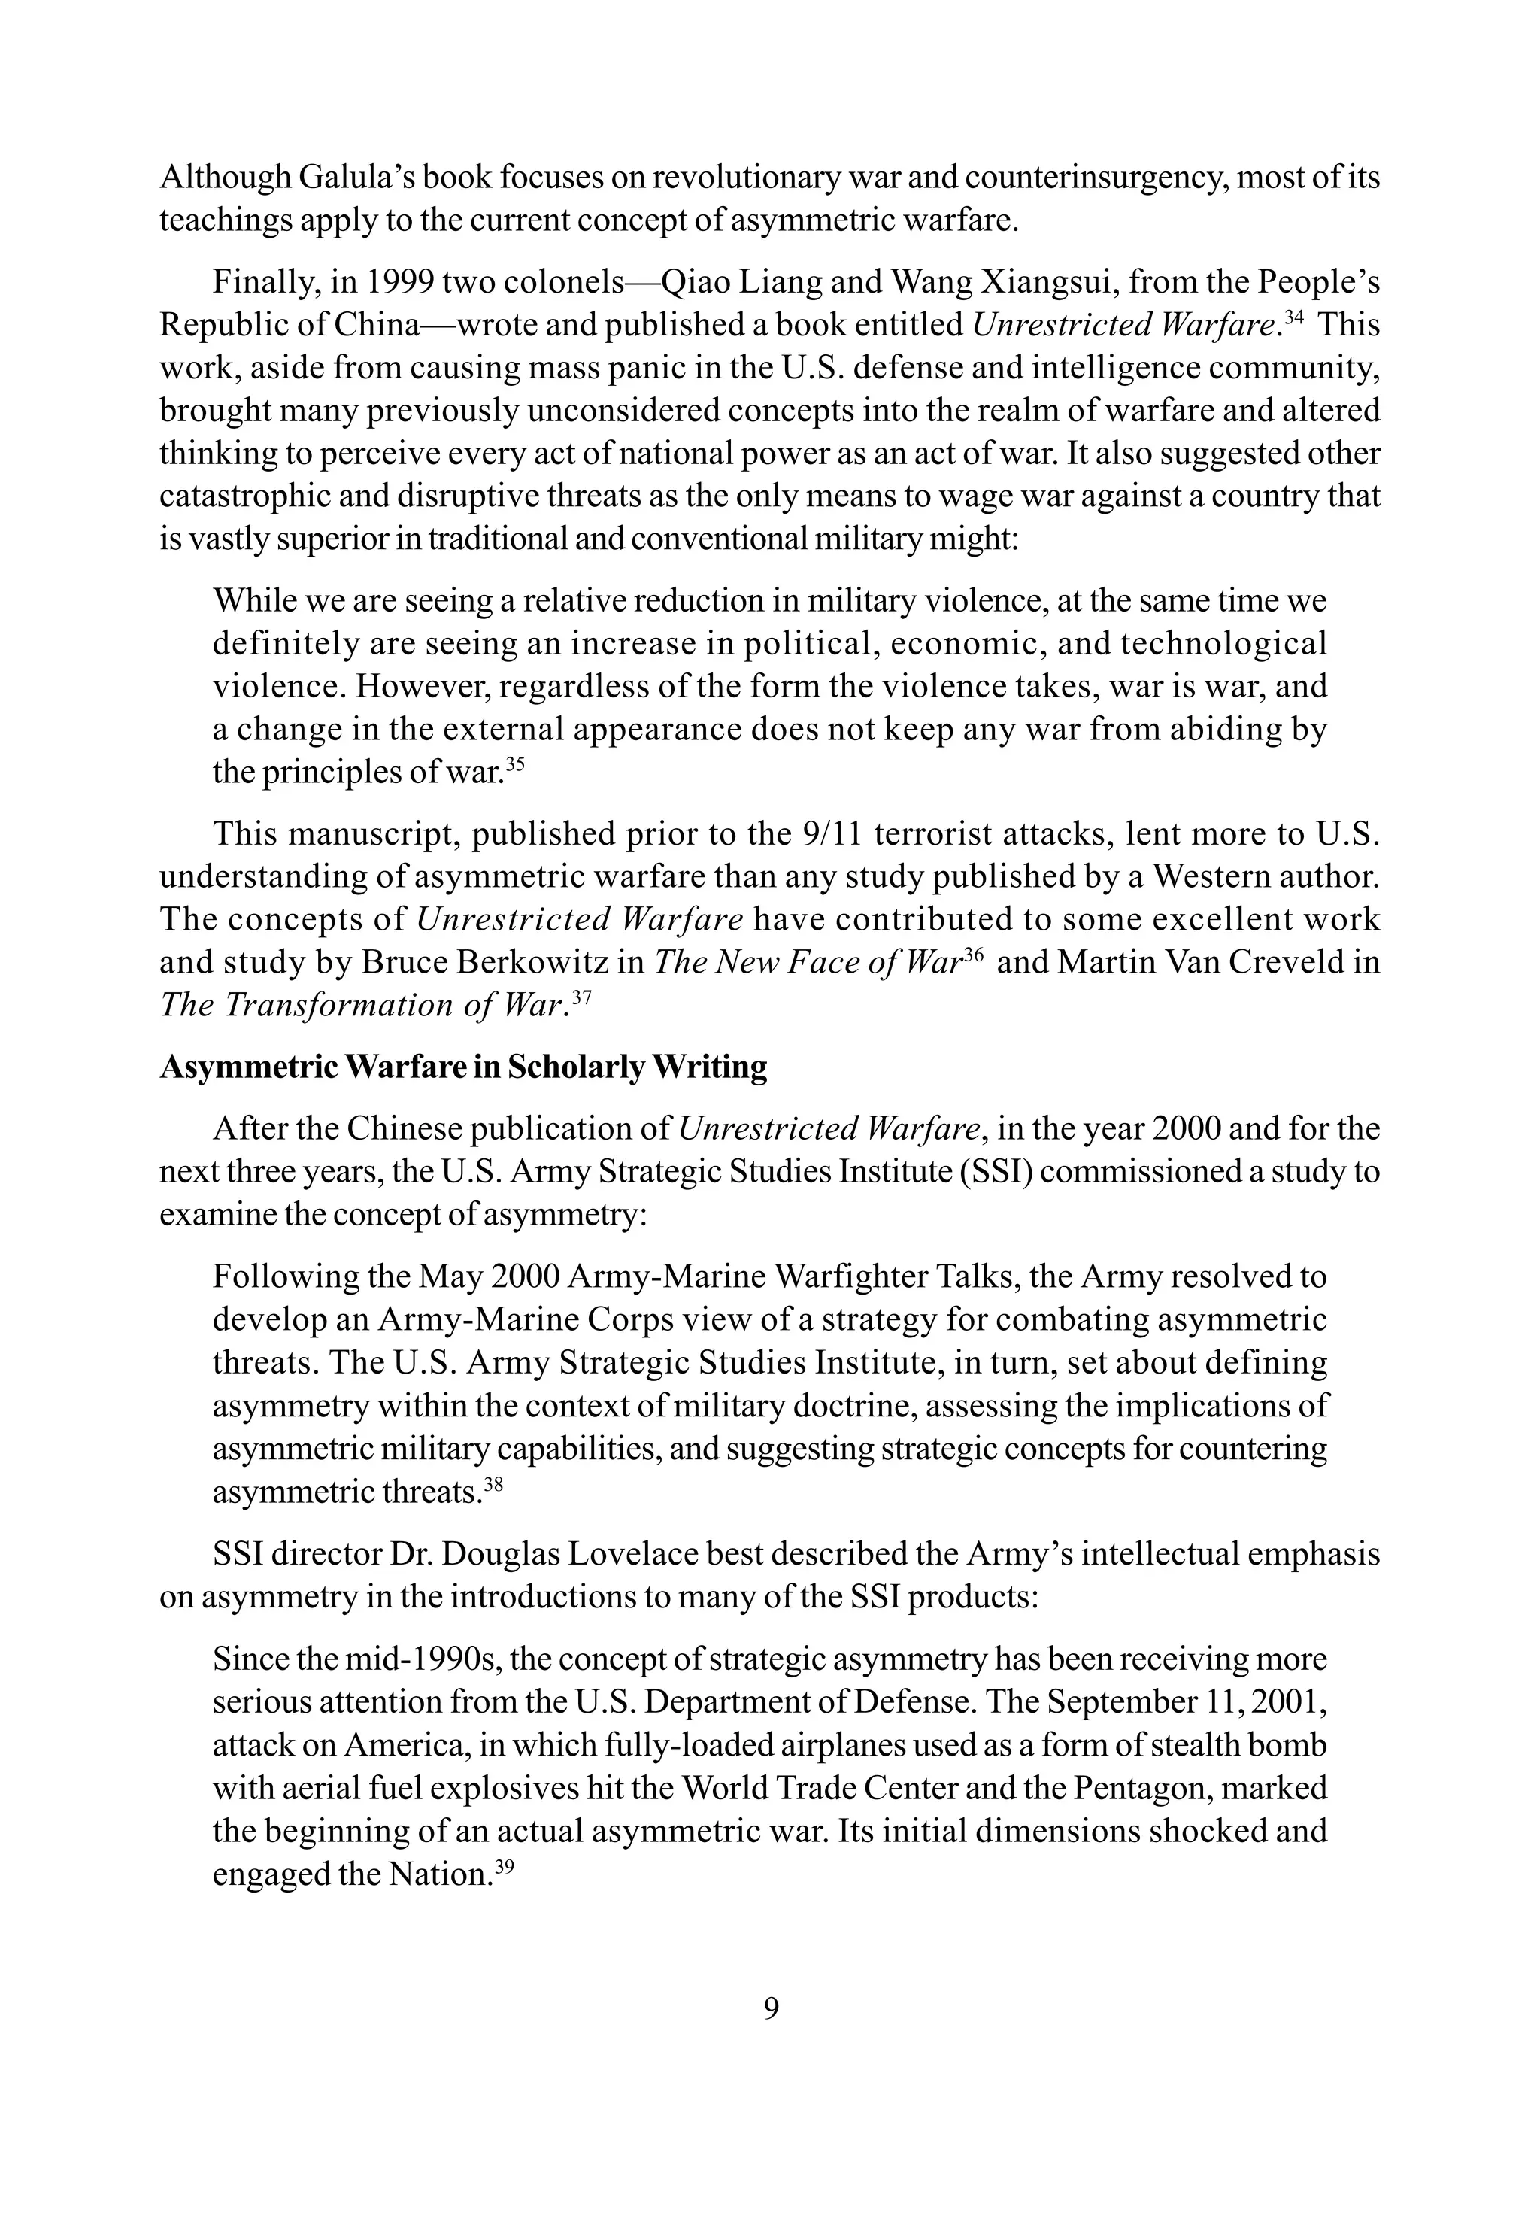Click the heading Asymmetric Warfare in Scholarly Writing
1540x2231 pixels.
[x=463, y=1067]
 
